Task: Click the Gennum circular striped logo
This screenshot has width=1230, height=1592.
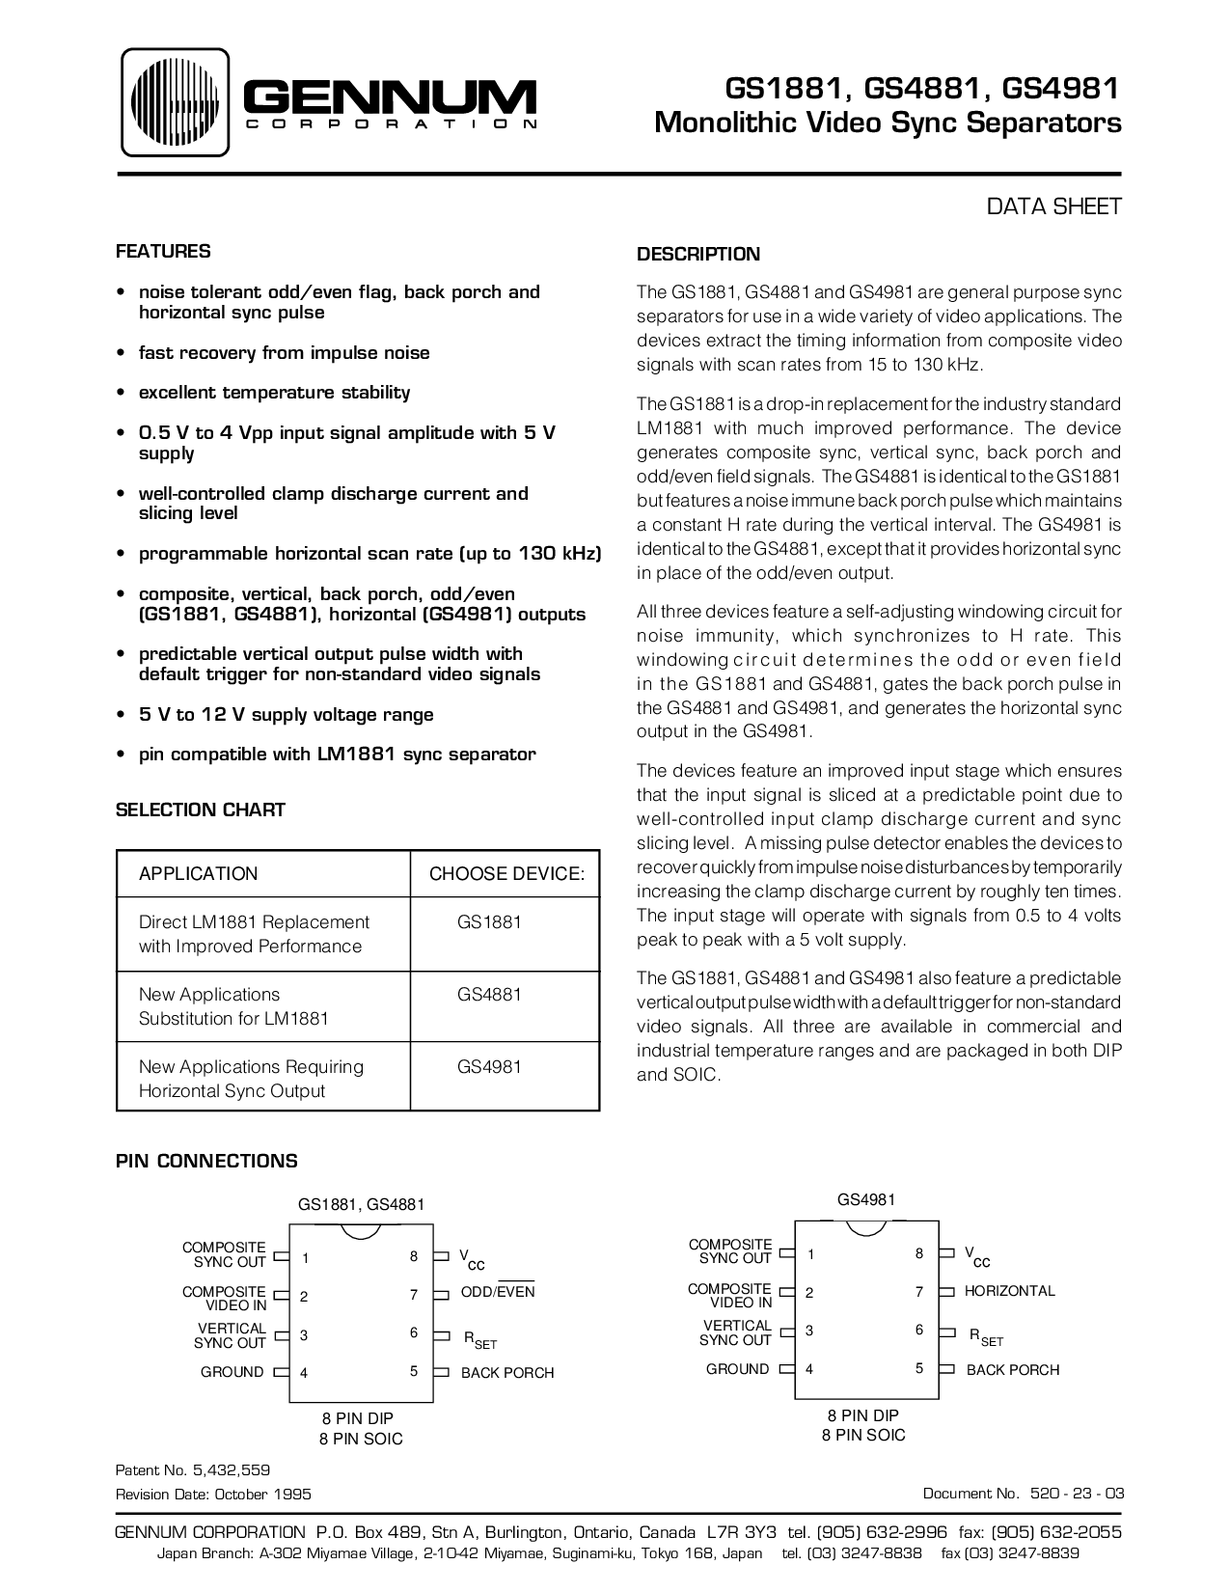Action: coord(175,102)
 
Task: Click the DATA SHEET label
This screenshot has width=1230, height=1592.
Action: coord(1053,206)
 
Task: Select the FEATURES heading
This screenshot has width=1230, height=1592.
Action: coord(163,252)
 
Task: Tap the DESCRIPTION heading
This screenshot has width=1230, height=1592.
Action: coord(698,255)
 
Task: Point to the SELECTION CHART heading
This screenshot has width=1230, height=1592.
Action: coord(201,810)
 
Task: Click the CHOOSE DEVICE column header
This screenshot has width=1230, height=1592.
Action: coord(506,874)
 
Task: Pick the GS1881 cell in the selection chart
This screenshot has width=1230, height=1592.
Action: coord(489,922)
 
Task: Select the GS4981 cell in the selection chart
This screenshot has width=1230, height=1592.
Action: coord(489,1067)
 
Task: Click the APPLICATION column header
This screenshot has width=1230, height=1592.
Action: coord(199,874)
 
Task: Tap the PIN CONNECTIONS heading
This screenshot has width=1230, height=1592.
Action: coord(206,1162)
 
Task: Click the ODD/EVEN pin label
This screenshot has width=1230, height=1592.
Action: coord(498,1292)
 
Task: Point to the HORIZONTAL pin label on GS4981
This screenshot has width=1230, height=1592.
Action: coord(1010,1291)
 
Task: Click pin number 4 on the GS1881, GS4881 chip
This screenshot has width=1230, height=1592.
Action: coord(304,1373)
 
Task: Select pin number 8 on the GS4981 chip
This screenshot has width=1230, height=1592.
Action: coord(919,1253)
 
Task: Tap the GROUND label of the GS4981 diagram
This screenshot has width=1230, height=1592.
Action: coord(738,1369)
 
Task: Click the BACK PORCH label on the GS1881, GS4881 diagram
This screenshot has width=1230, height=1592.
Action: coord(507,1373)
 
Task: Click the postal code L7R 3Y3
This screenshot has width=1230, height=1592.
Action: coord(740,1533)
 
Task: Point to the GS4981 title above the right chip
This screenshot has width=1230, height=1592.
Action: coord(866,1200)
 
